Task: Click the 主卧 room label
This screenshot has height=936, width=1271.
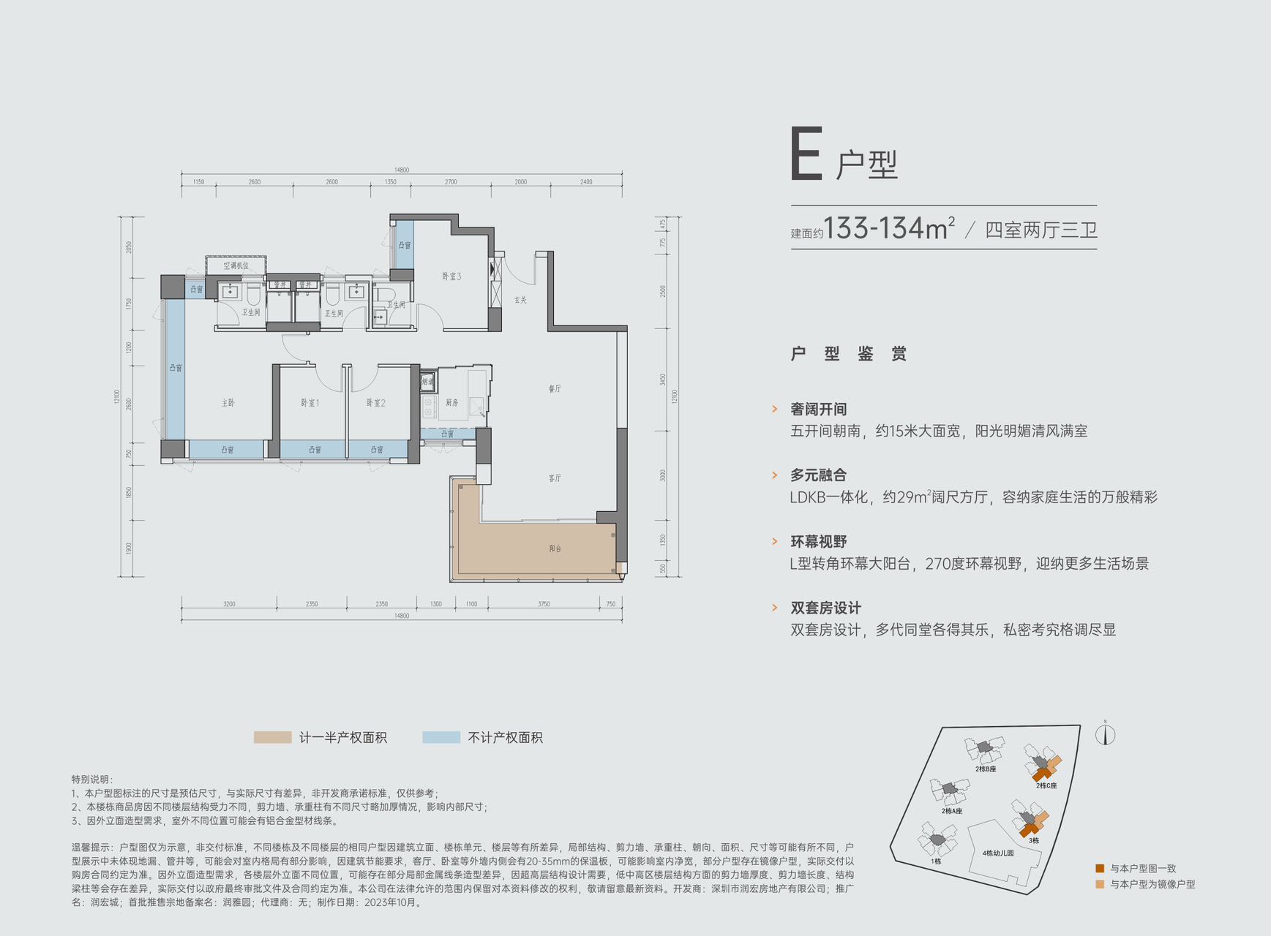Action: point(228,403)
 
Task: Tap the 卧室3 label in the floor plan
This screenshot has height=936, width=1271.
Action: point(451,276)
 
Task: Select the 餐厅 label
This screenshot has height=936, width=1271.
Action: point(555,389)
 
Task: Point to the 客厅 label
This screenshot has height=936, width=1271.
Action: point(555,478)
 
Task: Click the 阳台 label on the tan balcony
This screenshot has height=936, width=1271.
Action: point(555,548)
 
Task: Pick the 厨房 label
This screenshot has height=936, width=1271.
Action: point(451,403)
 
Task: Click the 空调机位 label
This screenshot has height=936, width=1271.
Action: point(236,265)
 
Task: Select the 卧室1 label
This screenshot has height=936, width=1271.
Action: point(310,403)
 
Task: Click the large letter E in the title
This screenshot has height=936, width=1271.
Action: point(806,154)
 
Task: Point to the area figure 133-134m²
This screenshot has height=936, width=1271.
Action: point(889,229)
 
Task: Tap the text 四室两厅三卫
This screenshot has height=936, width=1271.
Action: point(1041,230)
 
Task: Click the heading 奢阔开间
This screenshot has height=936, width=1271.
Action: point(818,409)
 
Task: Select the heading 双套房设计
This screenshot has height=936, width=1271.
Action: point(825,608)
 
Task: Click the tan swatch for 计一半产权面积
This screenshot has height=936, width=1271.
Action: point(272,737)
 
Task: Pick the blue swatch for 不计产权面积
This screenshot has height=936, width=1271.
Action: point(441,737)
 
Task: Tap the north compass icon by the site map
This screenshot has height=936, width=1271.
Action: point(1105,733)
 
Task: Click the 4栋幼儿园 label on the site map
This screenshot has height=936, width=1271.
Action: point(997,853)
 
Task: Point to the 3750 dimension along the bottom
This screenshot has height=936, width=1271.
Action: point(544,604)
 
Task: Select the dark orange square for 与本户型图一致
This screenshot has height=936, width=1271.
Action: point(1099,869)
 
